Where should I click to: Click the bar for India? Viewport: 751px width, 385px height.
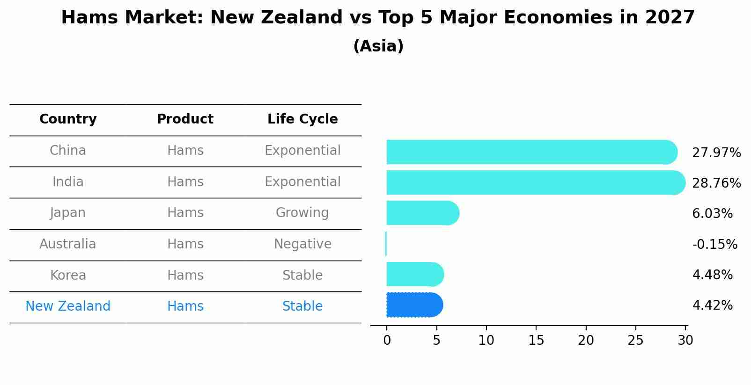tap(534, 182)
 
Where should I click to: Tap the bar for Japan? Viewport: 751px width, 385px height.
tap(421, 213)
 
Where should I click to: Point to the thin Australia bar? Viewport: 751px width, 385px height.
tap(386, 244)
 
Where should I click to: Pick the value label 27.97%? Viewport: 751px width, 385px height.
tap(716, 153)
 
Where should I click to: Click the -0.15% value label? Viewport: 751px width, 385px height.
tap(714, 244)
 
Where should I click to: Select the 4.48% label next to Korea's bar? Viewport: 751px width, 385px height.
tap(712, 275)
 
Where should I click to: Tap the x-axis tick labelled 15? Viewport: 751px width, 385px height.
tap(536, 341)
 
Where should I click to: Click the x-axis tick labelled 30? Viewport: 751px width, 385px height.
tap(685, 341)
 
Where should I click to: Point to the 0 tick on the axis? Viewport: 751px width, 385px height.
tap(387, 341)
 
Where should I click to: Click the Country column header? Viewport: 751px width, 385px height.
tap(68, 119)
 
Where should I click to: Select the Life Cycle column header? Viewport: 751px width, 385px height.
tap(302, 119)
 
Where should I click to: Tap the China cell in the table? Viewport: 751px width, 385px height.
tap(68, 151)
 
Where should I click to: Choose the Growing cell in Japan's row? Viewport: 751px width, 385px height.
tap(302, 213)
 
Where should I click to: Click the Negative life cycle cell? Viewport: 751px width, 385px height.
tap(302, 244)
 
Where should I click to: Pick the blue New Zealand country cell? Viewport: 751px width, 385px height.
tap(68, 306)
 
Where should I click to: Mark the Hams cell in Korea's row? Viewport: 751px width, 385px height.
tap(185, 275)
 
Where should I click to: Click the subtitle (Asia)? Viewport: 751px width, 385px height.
tap(378, 46)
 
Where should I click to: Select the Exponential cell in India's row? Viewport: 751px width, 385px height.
tap(302, 182)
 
